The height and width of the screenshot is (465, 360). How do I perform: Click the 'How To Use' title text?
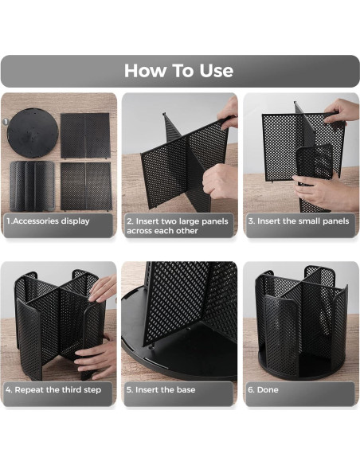point(179,71)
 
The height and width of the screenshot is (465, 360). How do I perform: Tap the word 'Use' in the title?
point(213,71)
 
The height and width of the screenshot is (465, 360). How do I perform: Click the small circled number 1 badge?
point(6,122)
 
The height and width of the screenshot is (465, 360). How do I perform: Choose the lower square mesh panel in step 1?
point(84,185)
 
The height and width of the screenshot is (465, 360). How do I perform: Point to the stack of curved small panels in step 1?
point(32,185)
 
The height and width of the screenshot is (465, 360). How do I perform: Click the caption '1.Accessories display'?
point(48,221)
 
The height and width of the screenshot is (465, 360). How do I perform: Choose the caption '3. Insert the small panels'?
point(298,221)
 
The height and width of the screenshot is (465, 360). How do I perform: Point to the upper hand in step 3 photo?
point(342,111)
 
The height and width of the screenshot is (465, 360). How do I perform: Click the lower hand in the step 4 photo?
point(97,358)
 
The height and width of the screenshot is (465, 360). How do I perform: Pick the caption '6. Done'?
point(263,390)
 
